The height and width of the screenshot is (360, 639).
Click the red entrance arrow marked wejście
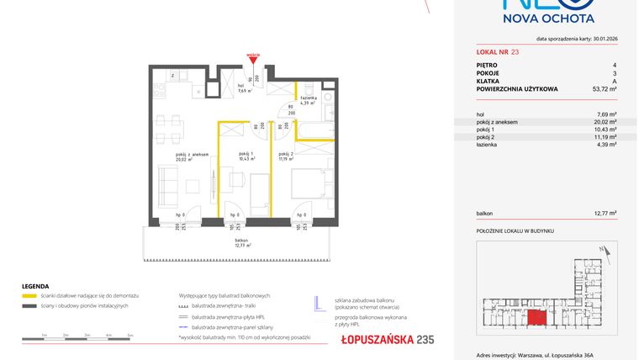click(x=253, y=59)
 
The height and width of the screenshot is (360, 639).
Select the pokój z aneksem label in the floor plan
click(x=187, y=156)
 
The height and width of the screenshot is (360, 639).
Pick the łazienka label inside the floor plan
click(x=308, y=100)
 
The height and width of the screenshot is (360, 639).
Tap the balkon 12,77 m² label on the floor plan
click(x=243, y=245)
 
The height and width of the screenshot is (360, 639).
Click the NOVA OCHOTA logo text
click(x=547, y=18)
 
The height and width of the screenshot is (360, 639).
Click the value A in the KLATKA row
click(x=615, y=80)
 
